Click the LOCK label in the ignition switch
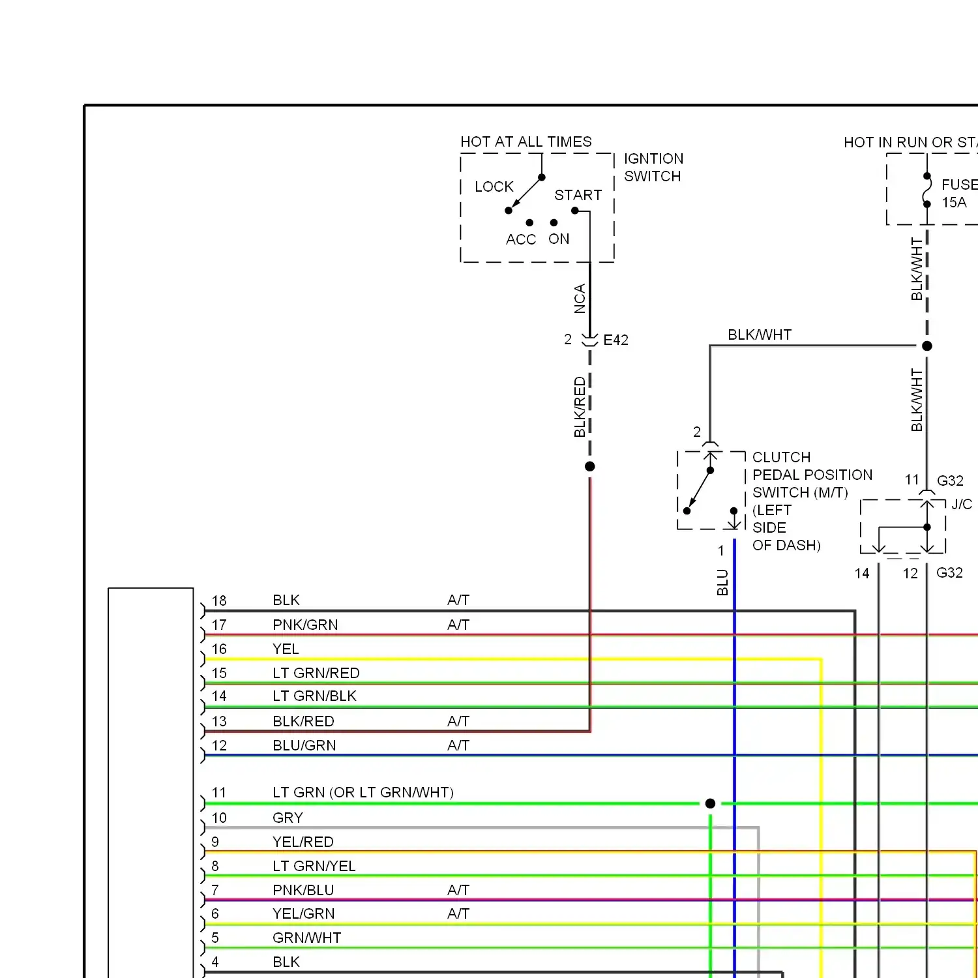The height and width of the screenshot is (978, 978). coord(494,187)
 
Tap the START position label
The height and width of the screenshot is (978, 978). coord(578,196)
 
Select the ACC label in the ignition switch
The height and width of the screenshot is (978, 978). coord(521,239)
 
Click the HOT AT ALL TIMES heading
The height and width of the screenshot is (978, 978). coord(526,142)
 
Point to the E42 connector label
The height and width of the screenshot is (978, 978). coord(616,340)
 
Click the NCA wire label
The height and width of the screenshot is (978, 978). coord(580,299)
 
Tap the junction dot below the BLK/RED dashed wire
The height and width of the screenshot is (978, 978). coord(590,466)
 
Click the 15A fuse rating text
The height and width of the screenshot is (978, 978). coord(954,203)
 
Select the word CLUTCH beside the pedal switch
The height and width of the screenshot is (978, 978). coord(782,458)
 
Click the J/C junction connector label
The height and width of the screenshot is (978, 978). coord(962,505)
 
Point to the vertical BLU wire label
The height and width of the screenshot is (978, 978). coord(722,582)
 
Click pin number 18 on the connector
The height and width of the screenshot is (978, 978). coord(219,601)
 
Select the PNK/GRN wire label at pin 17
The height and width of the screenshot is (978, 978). coord(305,625)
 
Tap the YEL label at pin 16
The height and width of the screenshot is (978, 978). coord(286,649)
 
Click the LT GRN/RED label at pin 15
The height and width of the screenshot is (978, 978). coord(316,674)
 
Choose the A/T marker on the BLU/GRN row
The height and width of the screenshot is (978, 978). coord(458,746)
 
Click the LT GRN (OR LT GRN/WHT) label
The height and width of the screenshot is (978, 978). coord(363,793)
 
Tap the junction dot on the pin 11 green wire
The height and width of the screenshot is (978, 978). coord(711,803)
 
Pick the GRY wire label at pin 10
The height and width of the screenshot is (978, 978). coord(288,818)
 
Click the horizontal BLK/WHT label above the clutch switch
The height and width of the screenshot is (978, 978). coord(760,335)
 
